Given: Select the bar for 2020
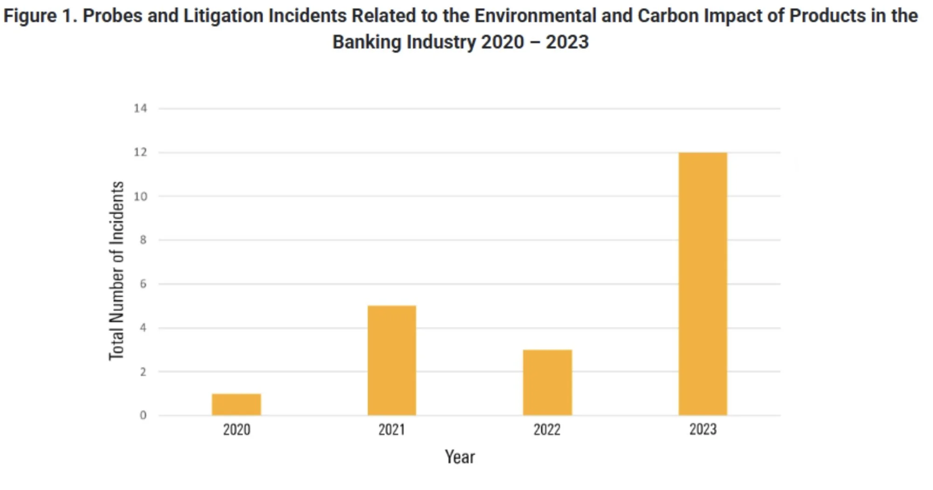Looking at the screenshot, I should click(236, 404).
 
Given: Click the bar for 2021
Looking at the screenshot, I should click(391, 360).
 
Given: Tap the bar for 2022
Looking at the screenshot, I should click(547, 382).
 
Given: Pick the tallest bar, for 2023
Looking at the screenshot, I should click(703, 284).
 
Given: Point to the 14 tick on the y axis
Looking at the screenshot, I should click(140, 108).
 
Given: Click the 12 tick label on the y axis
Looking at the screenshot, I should click(140, 152).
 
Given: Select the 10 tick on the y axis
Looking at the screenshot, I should click(140, 196).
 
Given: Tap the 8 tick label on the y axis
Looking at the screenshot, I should click(143, 240).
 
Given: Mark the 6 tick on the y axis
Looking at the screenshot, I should click(143, 284).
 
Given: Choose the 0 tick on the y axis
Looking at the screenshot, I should click(143, 415).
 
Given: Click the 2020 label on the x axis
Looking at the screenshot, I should click(236, 429).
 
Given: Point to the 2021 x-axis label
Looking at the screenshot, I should click(391, 429).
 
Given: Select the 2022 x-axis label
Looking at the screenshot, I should click(547, 429).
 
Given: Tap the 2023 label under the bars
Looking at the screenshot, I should click(703, 429).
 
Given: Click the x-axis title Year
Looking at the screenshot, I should click(460, 457).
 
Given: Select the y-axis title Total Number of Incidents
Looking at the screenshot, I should click(117, 271).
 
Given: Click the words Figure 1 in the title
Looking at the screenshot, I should click(40, 16).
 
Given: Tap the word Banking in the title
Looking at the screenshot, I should click(367, 42).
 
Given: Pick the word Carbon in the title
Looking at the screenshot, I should click(668, 16).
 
